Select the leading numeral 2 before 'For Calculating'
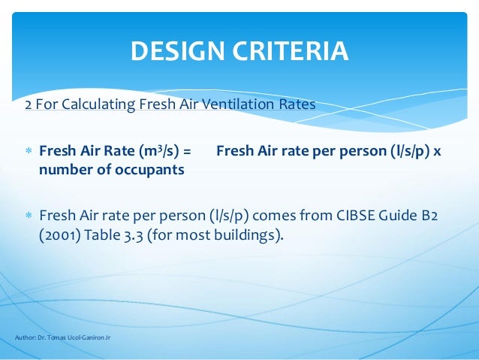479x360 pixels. click(29, 104)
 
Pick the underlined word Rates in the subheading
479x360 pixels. click(297, 104)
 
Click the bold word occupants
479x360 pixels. click(147, 169)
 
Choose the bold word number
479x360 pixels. click(63, 169)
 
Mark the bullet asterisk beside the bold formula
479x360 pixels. click(29, 151)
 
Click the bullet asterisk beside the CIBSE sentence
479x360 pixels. click(29, 216)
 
